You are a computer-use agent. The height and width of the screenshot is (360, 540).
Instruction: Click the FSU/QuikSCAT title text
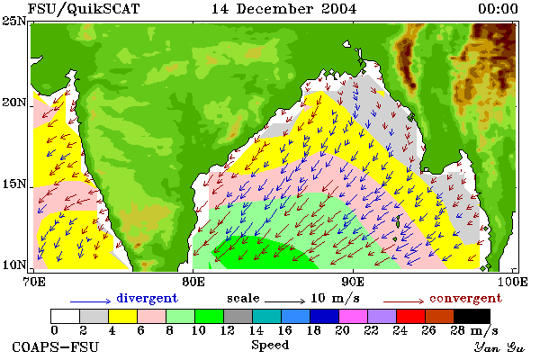coord(84,9)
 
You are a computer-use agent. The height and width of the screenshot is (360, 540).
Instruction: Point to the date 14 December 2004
coord(283,9)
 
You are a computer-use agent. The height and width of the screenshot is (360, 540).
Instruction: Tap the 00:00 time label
coord(498,9)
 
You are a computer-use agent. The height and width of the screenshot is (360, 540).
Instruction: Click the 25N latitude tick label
coord(13,21)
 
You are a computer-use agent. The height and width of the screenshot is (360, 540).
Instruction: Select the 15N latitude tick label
coord(13,184)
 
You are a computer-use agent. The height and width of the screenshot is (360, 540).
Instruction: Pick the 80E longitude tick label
coord(193,282)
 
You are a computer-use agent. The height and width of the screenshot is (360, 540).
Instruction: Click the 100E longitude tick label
coord(512,282)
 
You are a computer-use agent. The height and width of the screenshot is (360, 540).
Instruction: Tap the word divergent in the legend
coord(147,298)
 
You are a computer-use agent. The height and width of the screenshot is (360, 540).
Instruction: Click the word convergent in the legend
coord(465,298)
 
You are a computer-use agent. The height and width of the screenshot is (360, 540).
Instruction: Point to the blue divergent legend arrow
coord(91,301)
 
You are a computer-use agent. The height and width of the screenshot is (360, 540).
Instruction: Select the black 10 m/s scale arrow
coord(284,301)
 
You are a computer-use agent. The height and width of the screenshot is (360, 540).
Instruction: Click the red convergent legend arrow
coord(403,301)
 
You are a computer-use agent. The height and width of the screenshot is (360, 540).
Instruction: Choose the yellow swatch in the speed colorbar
coord(123,316)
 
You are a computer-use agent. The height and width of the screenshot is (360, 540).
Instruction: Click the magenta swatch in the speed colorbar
coord(354,316)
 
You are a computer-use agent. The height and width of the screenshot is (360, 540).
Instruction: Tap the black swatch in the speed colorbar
coord(472,316)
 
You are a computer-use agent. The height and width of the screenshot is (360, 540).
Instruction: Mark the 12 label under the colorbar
coord(228,330)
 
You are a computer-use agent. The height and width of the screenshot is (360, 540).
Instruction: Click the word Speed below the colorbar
coord(270,345)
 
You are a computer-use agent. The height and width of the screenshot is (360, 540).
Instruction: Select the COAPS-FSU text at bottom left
coord(55,346)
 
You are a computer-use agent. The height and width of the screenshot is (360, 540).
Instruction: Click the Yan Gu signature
coord(499,347)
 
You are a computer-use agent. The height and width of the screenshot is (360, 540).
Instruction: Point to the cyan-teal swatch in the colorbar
coord(267,316)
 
